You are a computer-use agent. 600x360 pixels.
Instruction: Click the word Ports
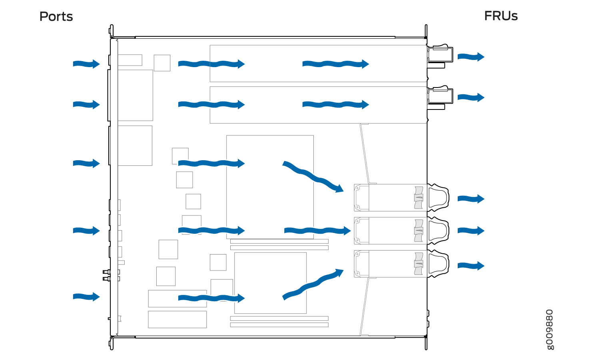pos(56,17)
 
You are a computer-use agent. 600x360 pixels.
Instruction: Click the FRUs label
pos(501,16)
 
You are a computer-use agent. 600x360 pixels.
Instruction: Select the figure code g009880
pos(550,330)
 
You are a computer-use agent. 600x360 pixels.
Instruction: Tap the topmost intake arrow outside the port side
pos(86,64)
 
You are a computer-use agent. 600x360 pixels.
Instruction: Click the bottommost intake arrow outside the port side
pos(86,296)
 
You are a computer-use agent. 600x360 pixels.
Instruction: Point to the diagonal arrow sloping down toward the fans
pos(313,177)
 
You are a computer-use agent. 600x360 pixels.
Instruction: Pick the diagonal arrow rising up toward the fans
pos(313,284)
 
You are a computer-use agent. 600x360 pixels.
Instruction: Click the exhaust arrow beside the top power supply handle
pos(471,57)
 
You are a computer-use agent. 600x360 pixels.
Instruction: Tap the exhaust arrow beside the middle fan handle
pos(471,231)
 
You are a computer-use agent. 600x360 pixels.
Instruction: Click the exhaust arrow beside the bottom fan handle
pos(471,266)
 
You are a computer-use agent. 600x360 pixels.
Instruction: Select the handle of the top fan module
pos(438,197)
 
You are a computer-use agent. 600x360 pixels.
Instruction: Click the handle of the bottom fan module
pos(438,264)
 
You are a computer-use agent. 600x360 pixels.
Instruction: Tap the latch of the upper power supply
pos(441,54)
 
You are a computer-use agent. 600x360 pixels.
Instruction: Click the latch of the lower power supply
pos(441,95)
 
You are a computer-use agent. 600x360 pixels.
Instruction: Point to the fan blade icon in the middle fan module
pos(419,231)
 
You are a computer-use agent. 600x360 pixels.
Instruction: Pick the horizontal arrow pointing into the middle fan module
pos(317,231)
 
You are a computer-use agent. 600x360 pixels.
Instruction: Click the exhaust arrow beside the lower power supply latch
pos(471,97)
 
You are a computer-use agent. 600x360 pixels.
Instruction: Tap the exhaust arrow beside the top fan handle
pos(471,199)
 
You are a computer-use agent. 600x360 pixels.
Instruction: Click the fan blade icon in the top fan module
pos(419,198)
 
